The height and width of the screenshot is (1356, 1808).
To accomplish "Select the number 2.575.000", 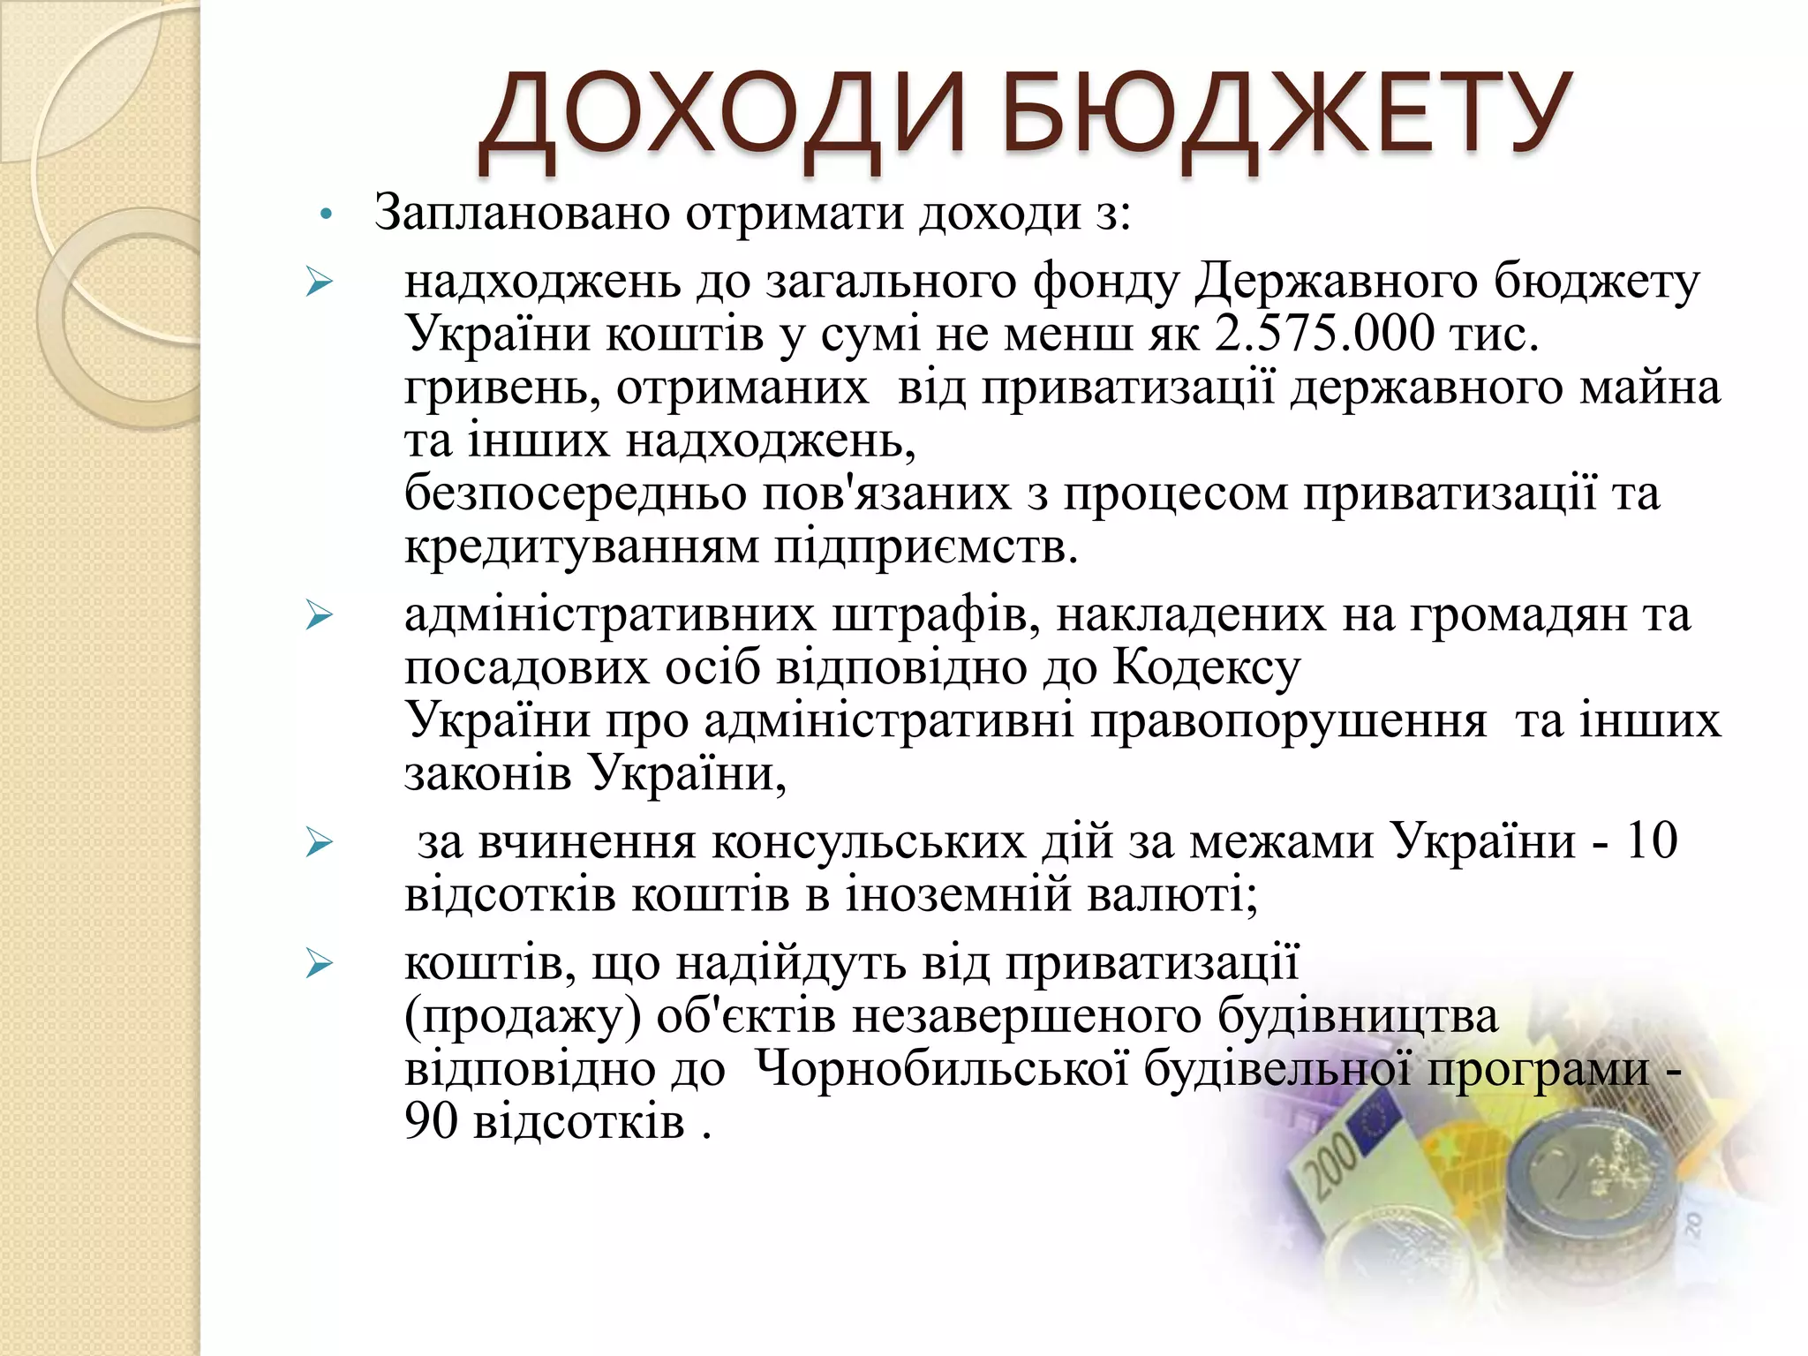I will pos(1324,334).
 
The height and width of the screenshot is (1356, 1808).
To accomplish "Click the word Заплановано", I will pos(521,214).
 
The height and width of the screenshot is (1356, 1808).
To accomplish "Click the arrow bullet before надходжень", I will pos(319,283).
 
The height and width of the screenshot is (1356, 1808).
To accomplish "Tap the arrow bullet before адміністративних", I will pos(319,615).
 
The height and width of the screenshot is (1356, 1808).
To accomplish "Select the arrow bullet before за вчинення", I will pos(319,843).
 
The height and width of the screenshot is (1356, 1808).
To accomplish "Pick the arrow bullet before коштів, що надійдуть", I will pos(319,964).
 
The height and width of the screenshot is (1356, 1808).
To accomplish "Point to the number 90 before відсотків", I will pos(431,1121).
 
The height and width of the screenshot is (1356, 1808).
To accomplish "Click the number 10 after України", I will pos(1650,840).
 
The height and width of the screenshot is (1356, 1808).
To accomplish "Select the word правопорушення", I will pos(1288,721).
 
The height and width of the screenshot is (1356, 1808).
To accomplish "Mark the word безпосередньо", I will pos(575,494).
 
